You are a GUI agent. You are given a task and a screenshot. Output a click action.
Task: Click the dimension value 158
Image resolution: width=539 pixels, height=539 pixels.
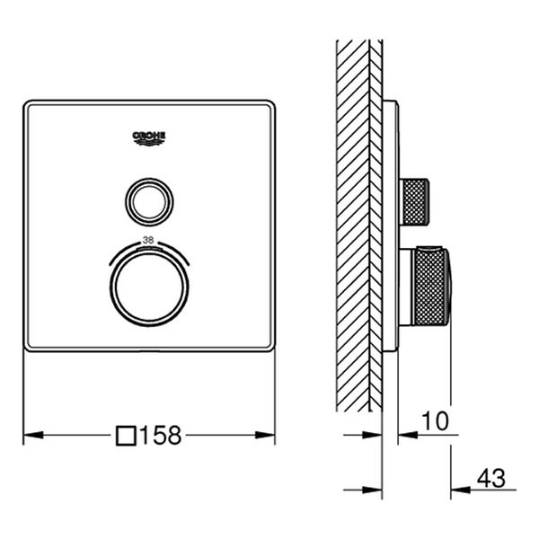[161, 436]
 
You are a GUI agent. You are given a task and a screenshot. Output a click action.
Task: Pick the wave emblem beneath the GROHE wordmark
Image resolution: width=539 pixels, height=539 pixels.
[149, 141]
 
